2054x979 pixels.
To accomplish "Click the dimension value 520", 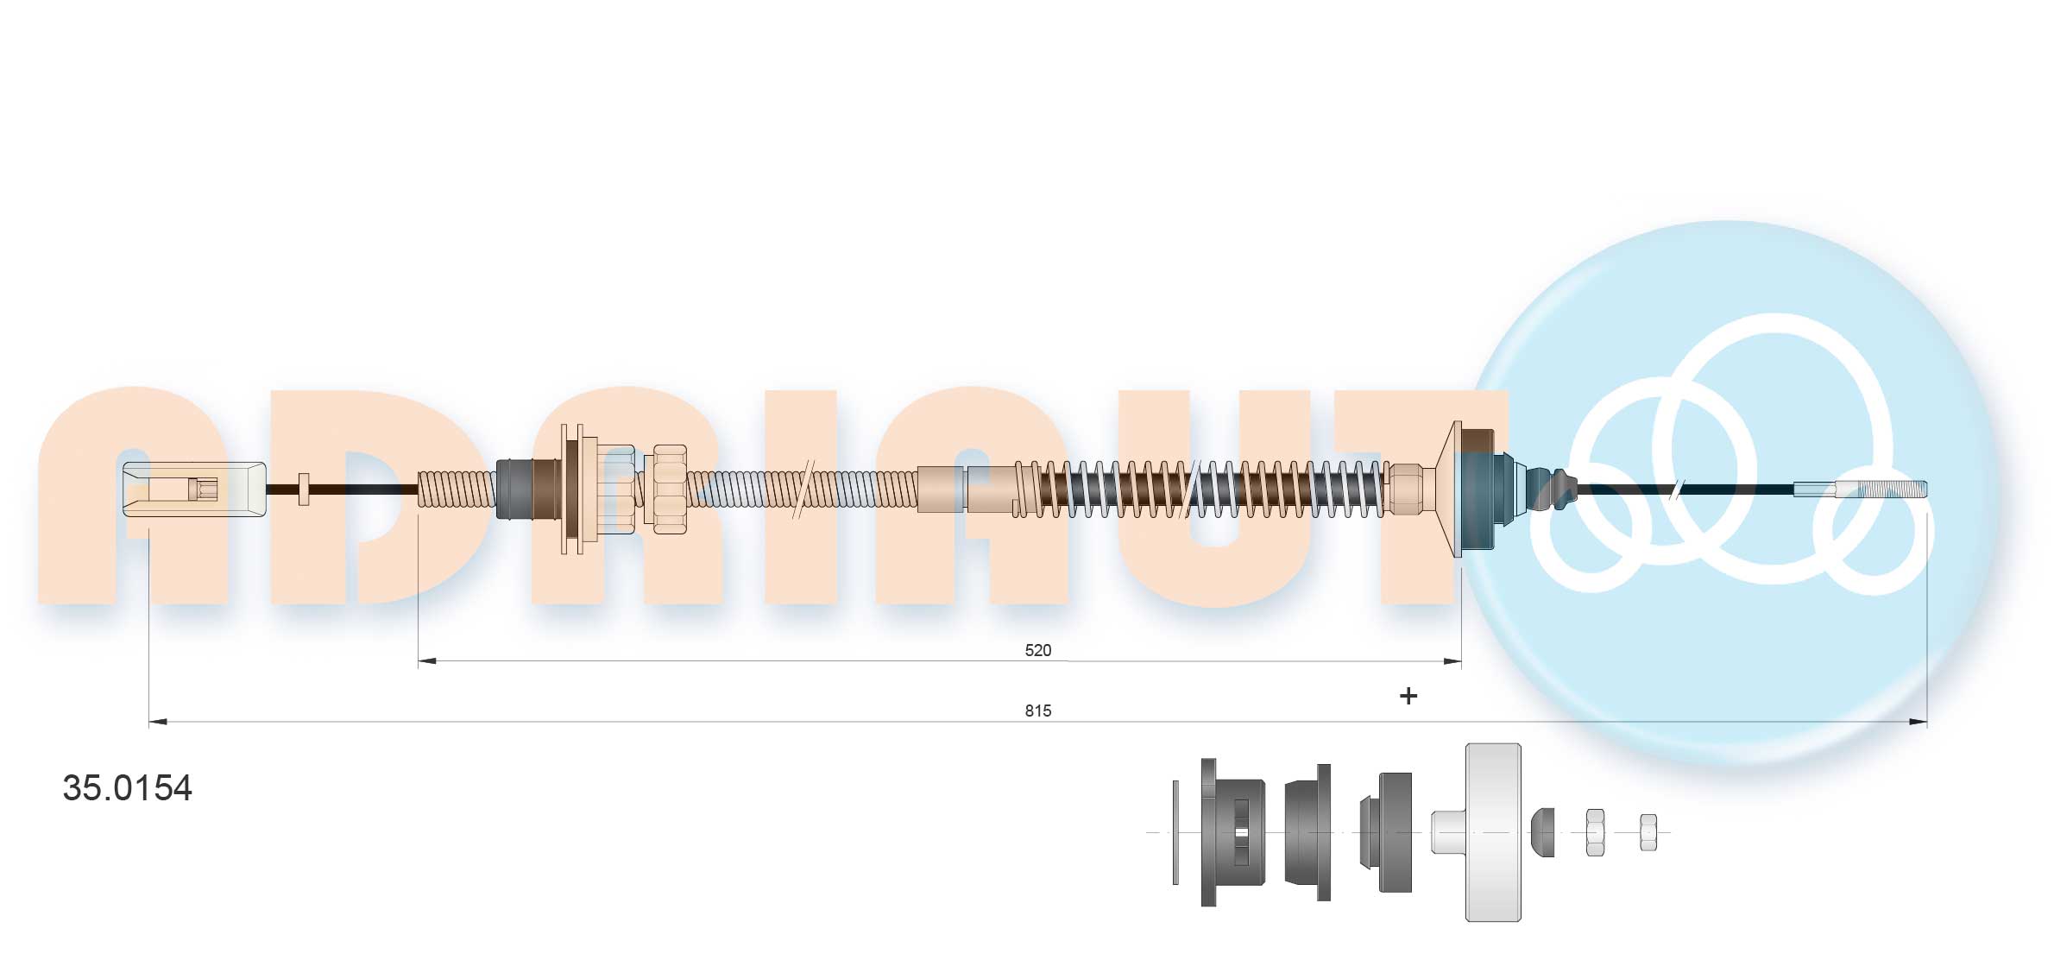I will [x=1037, y=650].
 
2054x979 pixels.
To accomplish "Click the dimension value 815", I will [x=1037, y=711].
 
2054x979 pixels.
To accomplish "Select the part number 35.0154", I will [x=128, y=788].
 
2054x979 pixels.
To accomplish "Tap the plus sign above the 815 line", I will [x=1408, y=696].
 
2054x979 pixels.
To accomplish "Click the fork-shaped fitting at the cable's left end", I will [x=193, y=489].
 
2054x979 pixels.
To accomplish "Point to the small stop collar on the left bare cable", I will [x=303, y=489].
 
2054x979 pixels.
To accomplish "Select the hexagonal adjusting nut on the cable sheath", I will [x=670, y=489].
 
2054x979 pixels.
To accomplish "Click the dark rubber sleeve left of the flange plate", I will [x=516, y=489].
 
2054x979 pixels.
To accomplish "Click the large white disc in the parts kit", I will [x=1492, y=832].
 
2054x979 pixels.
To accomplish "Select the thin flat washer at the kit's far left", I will [x=1175, y=832].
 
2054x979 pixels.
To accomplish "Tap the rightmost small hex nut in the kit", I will [x=1648, y=832].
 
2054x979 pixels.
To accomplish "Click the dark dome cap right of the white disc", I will [x=1543, y=832].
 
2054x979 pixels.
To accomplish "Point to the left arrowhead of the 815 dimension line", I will [x=156, y=722].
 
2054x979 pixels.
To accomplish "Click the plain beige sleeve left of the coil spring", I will [x=940, y=489].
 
